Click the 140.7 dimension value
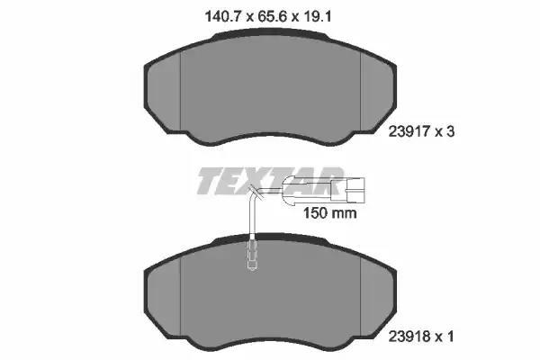[222, 16]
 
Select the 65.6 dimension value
[273, 16]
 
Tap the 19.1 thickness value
[316, 16]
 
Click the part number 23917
[409, 131]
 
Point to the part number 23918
[409, 337]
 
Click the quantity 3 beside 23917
[451, 131]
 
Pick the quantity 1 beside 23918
[450, 337]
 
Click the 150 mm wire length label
[329, 213]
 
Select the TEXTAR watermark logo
[270, 181]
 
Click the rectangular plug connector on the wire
[355, 189]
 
